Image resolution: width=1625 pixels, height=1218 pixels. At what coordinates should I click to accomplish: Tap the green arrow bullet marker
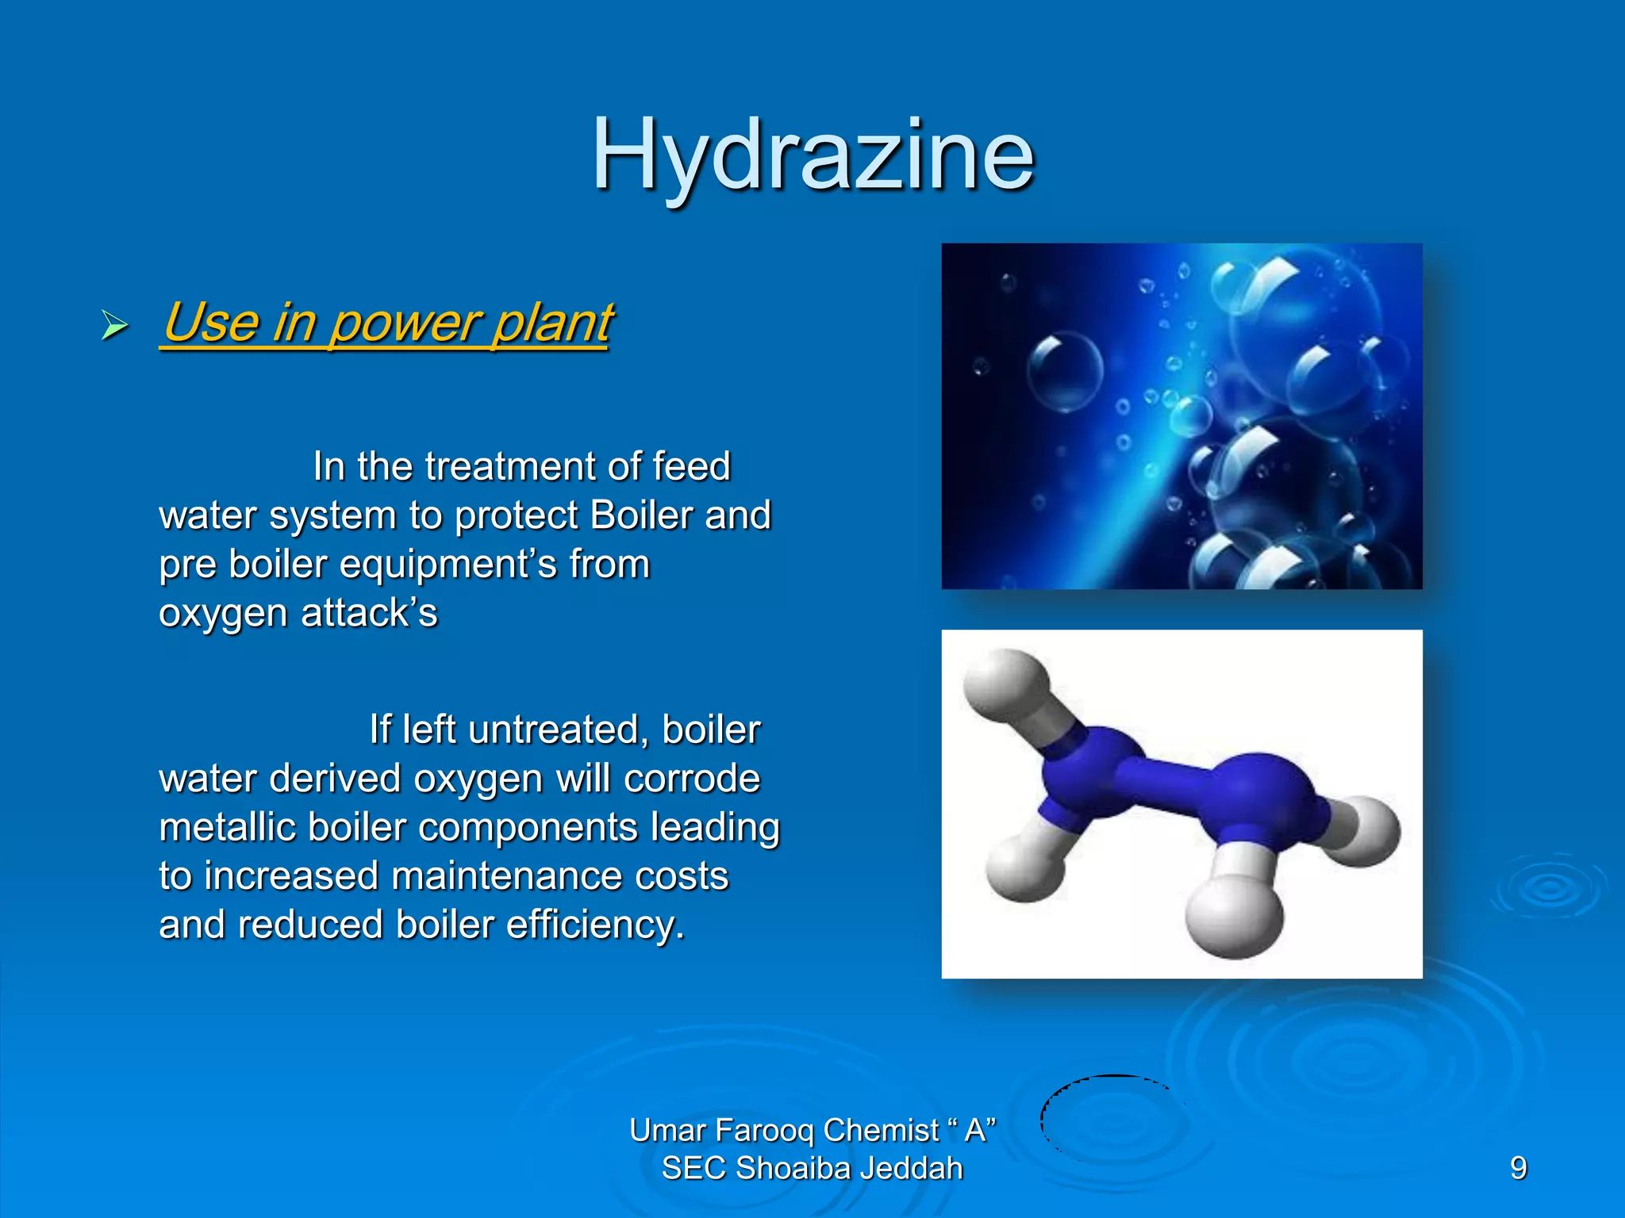click(x=114, y=325)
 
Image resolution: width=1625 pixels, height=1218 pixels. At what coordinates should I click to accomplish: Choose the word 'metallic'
click(x=227, y=828)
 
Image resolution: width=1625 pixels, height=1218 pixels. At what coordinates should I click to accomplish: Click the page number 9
click(x=1518, y=1168)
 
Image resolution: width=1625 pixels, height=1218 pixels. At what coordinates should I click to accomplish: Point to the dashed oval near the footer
click(x=1111, y=1116)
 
